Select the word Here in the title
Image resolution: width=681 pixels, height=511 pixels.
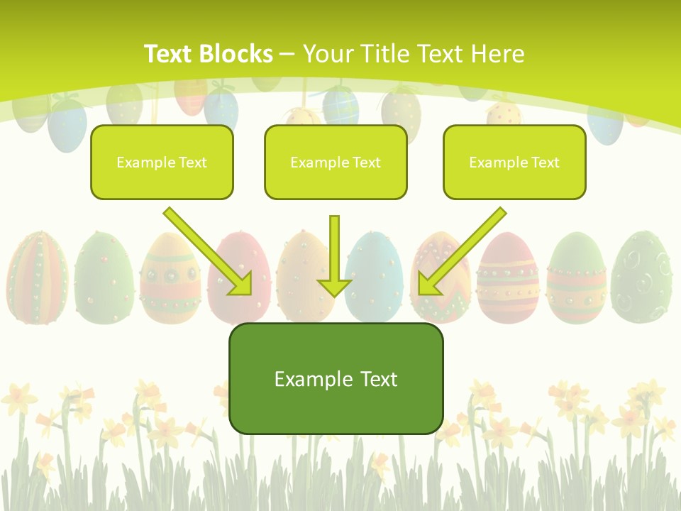(499, 54)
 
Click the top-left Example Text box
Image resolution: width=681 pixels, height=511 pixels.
(162, 162)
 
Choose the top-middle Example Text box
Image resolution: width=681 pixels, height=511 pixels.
(336, 162)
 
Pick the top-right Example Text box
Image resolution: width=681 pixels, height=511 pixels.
(514, 162)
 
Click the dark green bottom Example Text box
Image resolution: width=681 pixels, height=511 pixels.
(336, 378)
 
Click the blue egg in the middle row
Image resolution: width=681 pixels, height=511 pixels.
(374, 277)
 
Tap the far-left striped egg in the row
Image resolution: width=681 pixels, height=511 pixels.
(37, 277)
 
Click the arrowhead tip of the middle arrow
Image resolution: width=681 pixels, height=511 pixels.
(334, 295)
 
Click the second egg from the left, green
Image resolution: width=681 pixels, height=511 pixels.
(104, 277)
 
